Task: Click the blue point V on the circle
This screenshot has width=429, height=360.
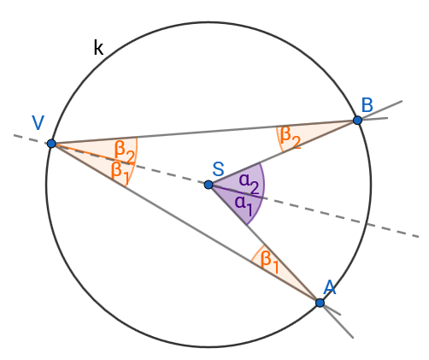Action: (x=51, y=144)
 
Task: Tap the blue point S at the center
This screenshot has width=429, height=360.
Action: (x=209, y=185)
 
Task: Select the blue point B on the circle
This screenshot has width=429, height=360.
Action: (x=357, y=121)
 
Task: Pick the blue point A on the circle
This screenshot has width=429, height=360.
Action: (x=320, y=303)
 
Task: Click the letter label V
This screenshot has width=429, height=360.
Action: (x=38, y=123)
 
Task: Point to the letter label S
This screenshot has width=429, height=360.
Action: (x=218, y=169)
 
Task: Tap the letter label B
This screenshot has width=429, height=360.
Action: (x=367, y=105)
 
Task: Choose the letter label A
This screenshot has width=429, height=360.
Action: (x=330, y=287)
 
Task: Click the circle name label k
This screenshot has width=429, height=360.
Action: (x=98, y=48)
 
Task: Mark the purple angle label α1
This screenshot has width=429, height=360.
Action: (x=244, y=204)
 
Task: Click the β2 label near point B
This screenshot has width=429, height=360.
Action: (x=291, y=137)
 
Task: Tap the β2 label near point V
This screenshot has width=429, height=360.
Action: (x=125, y=151)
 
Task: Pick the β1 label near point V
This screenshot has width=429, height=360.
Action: (x=120, y=173)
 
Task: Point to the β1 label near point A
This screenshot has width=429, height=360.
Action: (x=269, y=262)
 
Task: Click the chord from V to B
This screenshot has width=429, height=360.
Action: (x=204, y=132)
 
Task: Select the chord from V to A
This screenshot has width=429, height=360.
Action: (x=185, y=223)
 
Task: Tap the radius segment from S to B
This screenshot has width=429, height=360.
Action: (x=283, y=152)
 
